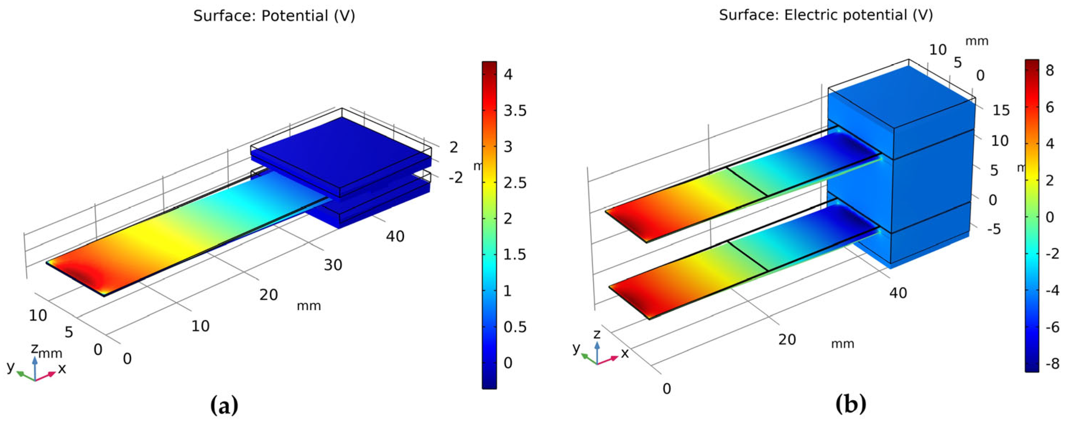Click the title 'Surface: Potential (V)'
point(274,16)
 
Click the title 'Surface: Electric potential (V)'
point(826,15)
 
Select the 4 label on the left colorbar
point(508,75)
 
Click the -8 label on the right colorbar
point(1052,364)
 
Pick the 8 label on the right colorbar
point(1050,71)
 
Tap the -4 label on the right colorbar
point(1052,290)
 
